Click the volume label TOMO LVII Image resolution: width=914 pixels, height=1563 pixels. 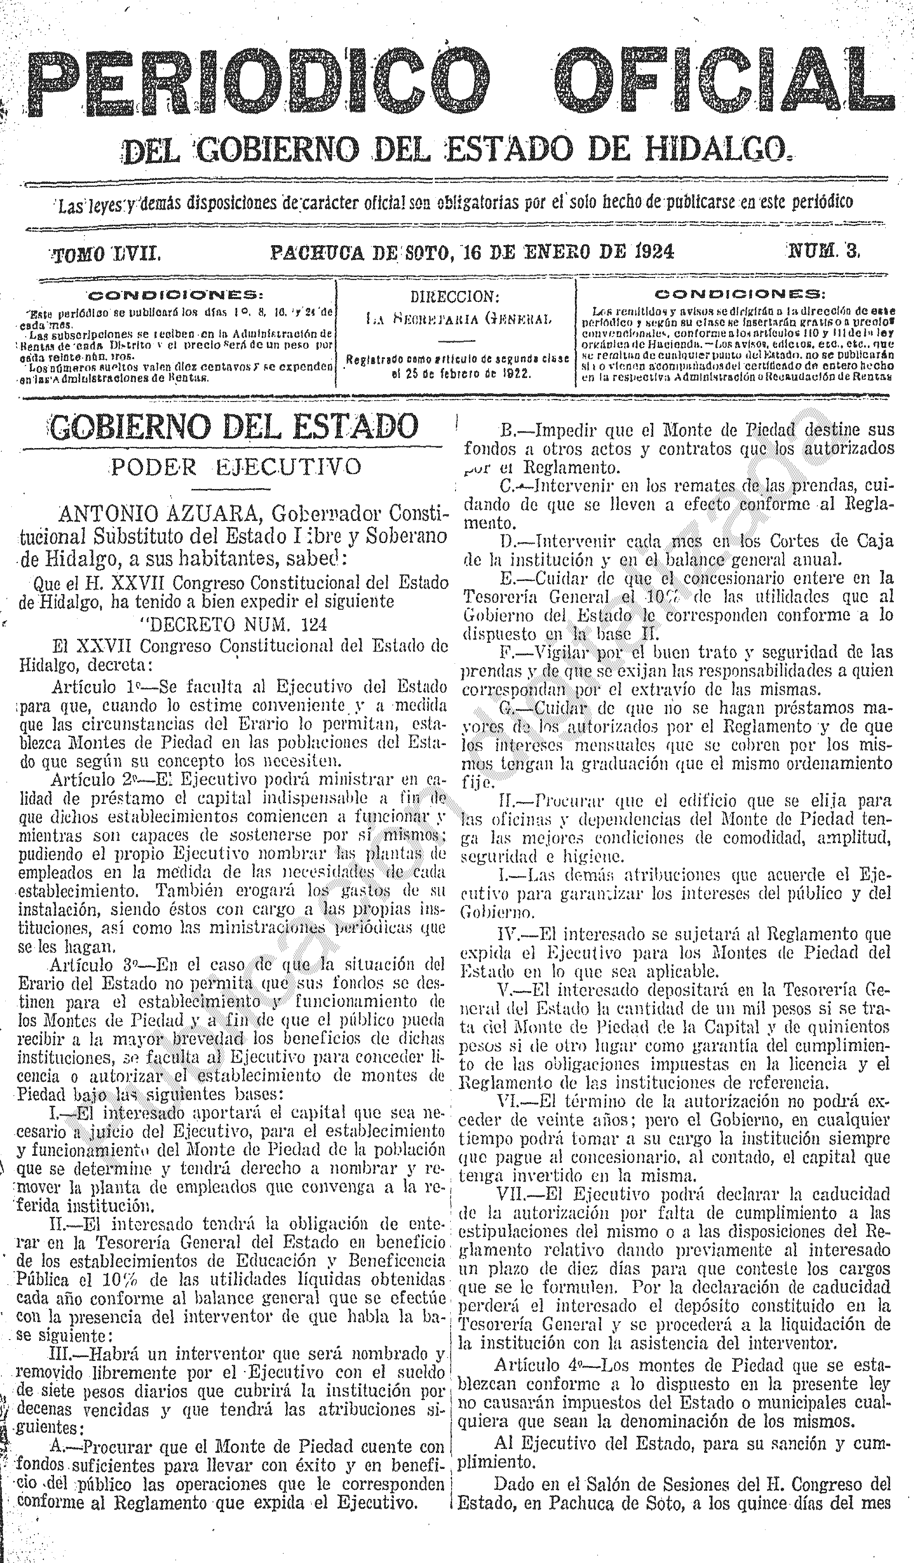[x=107, y=253]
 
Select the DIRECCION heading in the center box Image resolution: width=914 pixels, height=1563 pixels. [x=455, y=297]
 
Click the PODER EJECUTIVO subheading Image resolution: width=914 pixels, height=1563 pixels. [x=236, y=466]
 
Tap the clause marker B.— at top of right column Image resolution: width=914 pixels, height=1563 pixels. [x=513, y=429]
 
